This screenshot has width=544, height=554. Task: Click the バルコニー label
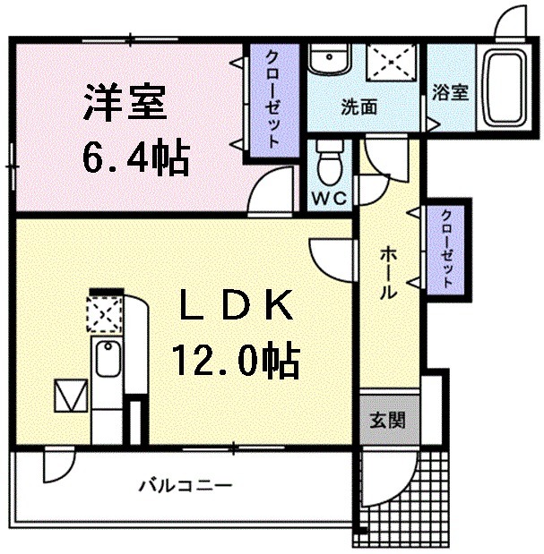(186, 486)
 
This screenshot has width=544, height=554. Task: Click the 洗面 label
(358, 107)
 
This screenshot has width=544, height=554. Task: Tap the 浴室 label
(450, 92)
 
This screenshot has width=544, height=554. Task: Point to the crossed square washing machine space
(389, 63)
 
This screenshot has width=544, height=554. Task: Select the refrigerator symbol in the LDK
(69, 394)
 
